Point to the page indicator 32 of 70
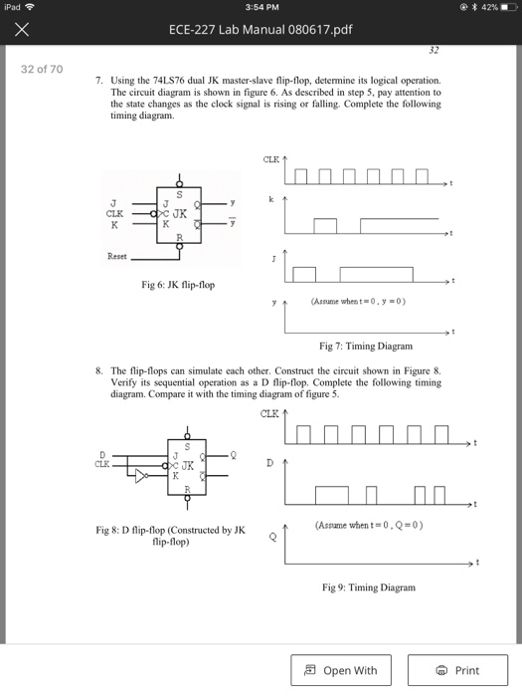click(42, 69)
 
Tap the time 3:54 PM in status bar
click(261, 8)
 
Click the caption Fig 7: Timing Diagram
click(365, 346)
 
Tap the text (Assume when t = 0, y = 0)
click(358, 300)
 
